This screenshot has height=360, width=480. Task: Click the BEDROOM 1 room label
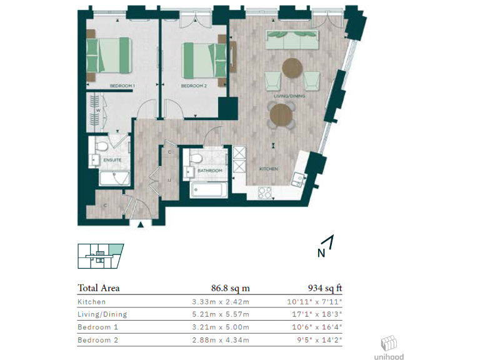coord(122,85)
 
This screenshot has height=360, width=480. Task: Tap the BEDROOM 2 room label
coord(193,86)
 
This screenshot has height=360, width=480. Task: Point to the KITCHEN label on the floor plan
coord(269,169)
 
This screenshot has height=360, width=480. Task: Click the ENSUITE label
coord(112,160)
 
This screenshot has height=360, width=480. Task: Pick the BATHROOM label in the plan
coord(210,170)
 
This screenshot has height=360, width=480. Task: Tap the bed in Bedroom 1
coord(109,54)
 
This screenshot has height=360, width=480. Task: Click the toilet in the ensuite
coord(101,145)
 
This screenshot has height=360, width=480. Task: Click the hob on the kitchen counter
coord(265,192)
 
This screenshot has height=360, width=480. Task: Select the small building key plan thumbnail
coord(100,256)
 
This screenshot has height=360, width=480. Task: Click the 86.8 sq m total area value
coord(231,288)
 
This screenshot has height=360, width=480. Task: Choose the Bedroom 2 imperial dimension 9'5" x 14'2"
coord(321,341)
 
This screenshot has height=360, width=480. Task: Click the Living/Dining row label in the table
coord(102,314)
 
